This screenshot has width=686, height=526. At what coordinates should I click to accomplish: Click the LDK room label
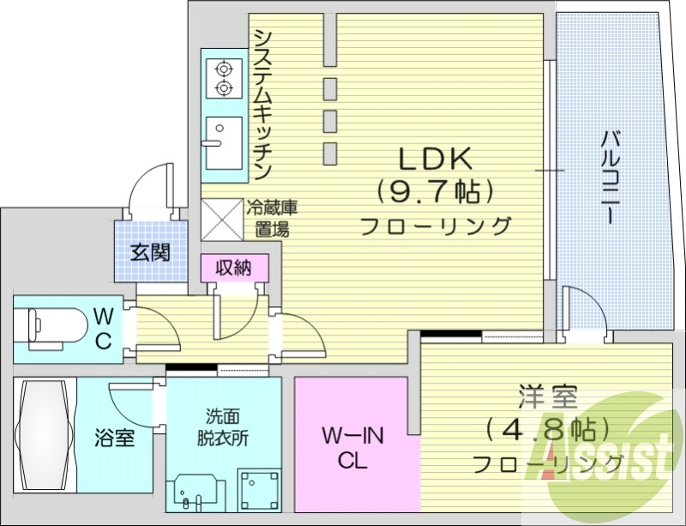click(433, 159)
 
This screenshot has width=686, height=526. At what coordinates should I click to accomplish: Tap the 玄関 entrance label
click(149, 252)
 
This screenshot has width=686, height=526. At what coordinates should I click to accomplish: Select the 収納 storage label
click(233, 268)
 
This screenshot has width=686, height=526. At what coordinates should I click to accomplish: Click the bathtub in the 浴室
click(45, 434)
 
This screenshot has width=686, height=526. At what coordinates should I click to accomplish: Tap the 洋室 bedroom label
click(547, 398)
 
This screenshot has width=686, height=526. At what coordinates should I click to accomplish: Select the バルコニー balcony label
click(611, 176)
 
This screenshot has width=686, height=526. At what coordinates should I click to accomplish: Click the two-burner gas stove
click(224, 78)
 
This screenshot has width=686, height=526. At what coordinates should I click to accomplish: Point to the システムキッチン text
click(262, 104)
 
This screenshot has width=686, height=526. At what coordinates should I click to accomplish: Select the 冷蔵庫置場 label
click(272, 218)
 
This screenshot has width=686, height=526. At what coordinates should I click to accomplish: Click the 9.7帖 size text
click(434, 191)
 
